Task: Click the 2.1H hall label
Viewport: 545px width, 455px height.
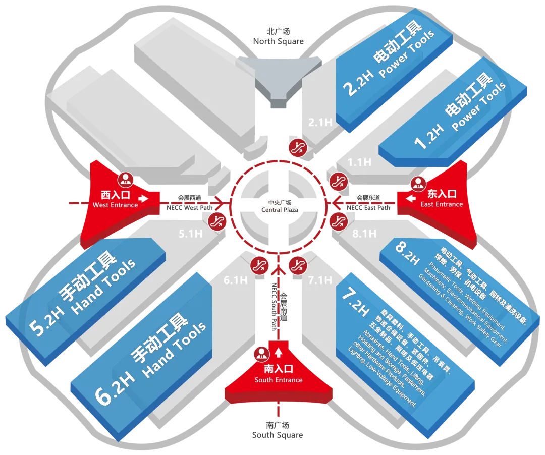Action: (320, 122)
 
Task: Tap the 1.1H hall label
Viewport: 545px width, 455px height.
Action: (359, 162)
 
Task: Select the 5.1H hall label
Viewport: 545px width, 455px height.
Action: (190, 234)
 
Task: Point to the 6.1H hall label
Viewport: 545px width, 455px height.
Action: (236, 280)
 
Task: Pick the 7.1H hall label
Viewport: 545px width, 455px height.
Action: (320, 280)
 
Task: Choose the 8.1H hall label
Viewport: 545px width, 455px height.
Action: (363, 234)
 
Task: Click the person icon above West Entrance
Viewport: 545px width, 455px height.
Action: (125, 179)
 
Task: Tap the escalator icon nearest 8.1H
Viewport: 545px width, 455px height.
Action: (337, 220)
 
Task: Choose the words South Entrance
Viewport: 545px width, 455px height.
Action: (279, 380)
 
